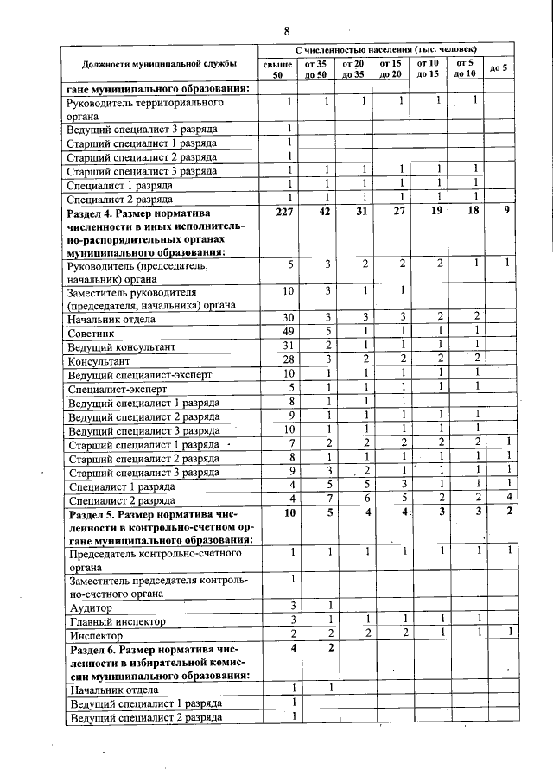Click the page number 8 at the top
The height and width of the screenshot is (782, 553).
[286, 32]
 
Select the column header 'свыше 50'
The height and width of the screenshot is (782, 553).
[277, 69]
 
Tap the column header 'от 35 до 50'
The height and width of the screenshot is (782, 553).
[315, 69]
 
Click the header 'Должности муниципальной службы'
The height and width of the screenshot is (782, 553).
[160, 64]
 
